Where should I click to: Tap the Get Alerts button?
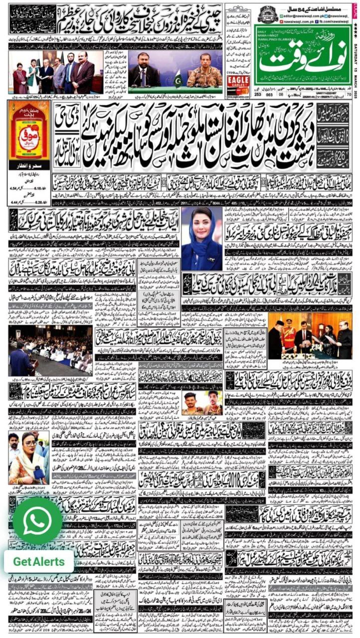pos(39,561)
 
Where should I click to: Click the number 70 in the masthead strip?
pos(348,92)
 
